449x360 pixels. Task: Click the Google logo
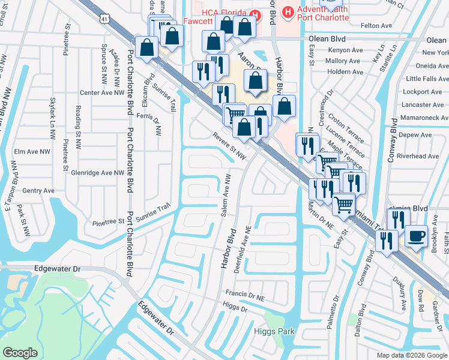(20, 353)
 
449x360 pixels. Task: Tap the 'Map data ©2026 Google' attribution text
(411, 355)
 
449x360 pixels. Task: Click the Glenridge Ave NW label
(98, 172)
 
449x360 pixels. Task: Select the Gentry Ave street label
(38, 190)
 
